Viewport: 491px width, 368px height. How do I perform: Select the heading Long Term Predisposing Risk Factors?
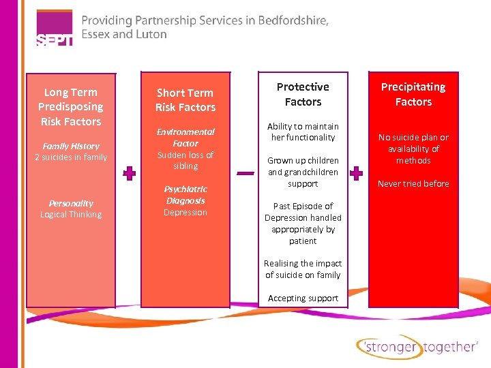coord(70,107)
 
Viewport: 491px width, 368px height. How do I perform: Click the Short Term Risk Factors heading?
coord(185,100)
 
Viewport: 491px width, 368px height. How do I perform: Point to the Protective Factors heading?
coord(303,94)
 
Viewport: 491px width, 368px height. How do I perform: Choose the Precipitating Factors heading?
coord(413,94)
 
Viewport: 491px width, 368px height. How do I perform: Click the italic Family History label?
coord(71,146)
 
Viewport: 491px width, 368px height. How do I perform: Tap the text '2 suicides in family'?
coord(71,157)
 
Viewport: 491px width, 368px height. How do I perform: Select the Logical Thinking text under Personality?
coord(71,215)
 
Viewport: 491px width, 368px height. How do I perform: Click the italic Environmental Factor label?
coord(185,138)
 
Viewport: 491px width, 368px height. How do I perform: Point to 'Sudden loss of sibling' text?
coord(185,160)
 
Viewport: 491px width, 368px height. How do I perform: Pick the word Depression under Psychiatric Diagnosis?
coord(185,213)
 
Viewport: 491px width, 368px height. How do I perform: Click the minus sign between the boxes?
coord(245,173)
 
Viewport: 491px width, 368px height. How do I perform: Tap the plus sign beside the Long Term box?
coord(129,173)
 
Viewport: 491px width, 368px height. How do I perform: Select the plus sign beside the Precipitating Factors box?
coord(356,173)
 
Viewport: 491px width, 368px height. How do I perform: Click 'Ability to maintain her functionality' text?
coord(303,132)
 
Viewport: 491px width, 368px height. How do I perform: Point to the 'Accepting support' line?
coord(303,298)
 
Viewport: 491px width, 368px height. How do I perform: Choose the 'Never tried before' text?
coord(413,184)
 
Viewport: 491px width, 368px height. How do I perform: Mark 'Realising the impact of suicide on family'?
coord(303,269)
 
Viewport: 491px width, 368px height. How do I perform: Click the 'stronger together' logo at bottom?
coord(417,347)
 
